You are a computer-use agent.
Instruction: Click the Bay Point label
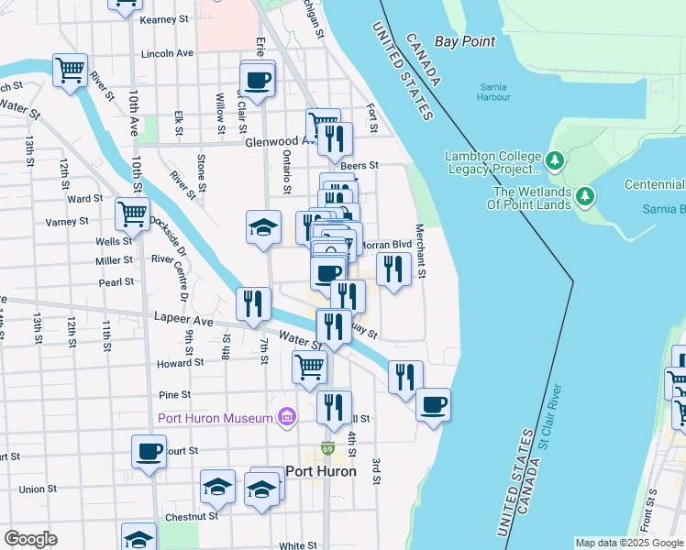(464, 41)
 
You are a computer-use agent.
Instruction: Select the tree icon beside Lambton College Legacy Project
(554, 161)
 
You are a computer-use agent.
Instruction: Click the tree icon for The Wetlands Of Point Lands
(582, 197)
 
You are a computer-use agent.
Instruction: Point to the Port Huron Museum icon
(288, 418)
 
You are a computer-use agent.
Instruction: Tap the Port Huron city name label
(321, 471)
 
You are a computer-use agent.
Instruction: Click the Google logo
(30, 539)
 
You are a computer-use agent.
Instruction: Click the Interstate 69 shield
(328, 450)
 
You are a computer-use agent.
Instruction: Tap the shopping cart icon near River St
(70, 70)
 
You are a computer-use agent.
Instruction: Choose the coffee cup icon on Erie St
(258, 78)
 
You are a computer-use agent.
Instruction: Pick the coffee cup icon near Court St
(149, 451)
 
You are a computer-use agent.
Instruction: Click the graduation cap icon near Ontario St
(263, 226)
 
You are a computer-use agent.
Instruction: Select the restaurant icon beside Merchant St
(393, 269)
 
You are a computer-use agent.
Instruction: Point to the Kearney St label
(164, 18)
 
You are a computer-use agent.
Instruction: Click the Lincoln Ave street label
(167, 53)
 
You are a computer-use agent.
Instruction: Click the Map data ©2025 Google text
(627, 543)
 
